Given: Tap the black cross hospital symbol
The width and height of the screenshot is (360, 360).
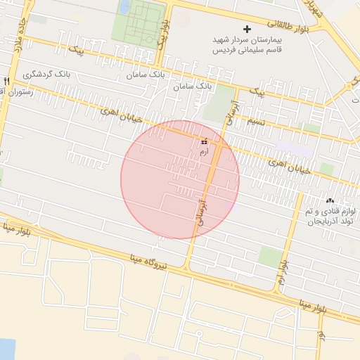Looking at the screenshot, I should pos(246,29).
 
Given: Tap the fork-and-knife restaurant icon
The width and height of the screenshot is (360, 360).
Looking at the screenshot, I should pos(6,81).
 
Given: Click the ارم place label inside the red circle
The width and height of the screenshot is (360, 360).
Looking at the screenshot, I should pos(204,151).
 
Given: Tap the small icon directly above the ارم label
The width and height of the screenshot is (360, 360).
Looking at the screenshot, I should pos(204,141).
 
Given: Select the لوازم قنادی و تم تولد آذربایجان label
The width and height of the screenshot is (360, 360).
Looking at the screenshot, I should pos(331,216).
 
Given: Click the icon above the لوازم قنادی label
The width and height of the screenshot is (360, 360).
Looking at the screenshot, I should pos(330,200).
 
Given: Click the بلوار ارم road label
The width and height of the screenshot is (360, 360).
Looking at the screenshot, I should pos(282,271).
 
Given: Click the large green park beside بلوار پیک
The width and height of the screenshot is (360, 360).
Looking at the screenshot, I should pos(138,21).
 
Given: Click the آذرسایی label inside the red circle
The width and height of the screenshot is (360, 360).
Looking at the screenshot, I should pos(203,211).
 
